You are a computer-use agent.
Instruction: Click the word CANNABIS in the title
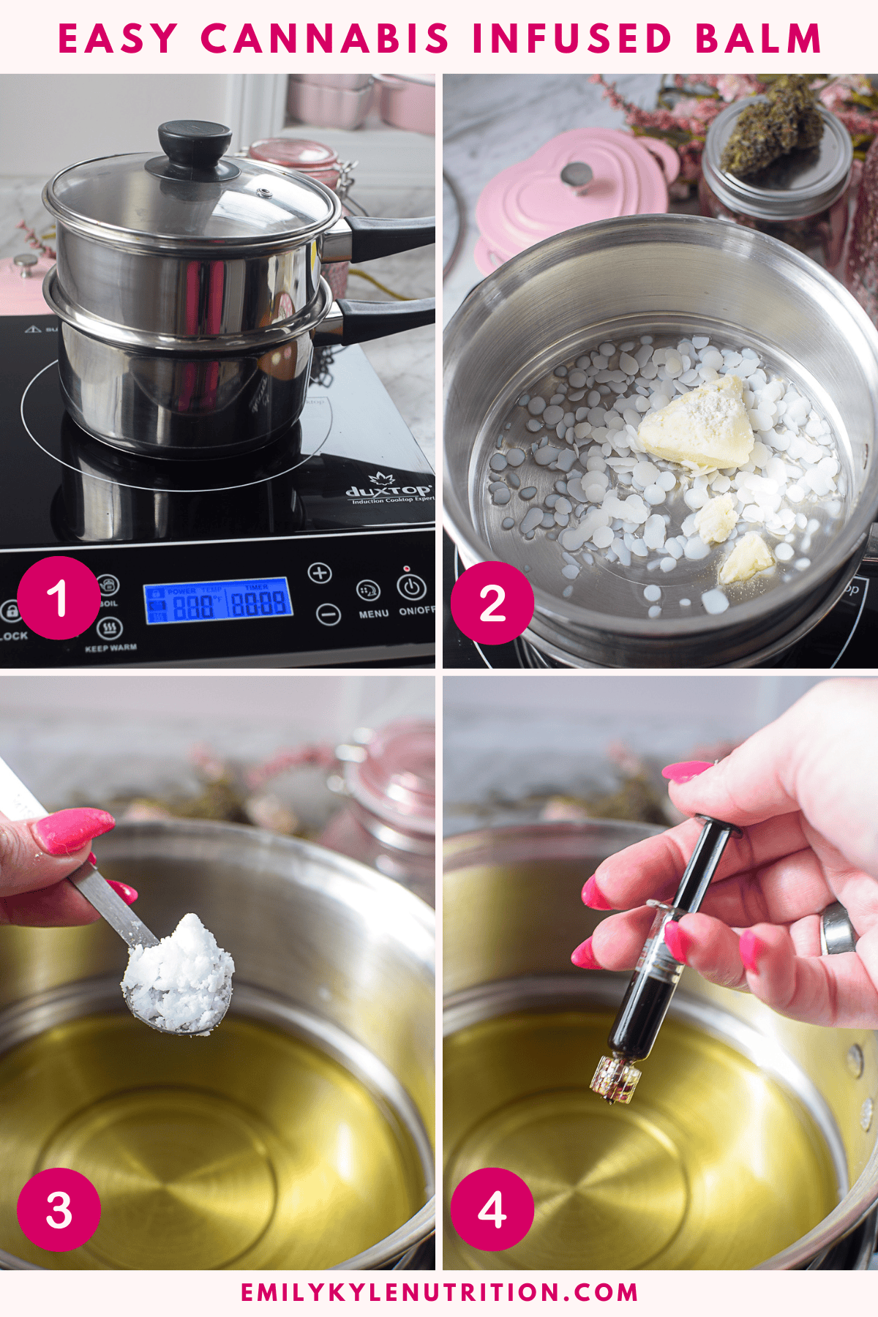(324, 39)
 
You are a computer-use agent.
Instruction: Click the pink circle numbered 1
(59, 598)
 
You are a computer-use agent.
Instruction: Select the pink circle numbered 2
(492, 603)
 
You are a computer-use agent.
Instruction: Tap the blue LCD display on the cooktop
(218, 601)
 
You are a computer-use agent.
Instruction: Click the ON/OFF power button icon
(411, 586)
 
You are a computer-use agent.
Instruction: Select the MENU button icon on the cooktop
(368, 590)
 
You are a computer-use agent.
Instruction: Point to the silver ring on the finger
(838, 928)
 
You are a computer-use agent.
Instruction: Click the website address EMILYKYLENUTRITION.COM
(439, 1292)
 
